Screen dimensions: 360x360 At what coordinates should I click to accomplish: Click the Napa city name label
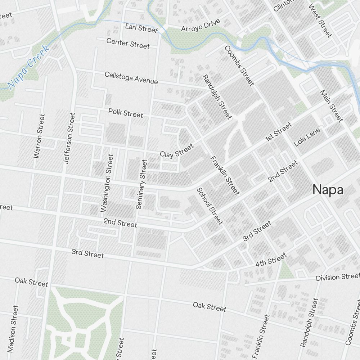click(328, 190)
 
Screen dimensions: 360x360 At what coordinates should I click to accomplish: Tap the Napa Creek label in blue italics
click(28, 67)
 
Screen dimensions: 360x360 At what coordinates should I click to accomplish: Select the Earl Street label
click(141, 28)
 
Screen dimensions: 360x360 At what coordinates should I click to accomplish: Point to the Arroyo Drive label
click(200, 26)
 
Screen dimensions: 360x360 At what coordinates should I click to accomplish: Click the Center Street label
click(128, 43)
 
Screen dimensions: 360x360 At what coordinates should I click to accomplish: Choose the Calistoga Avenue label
click(131, 78)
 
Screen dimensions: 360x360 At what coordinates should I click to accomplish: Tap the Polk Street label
click(126, 113)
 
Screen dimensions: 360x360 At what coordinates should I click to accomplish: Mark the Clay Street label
click(177, 150)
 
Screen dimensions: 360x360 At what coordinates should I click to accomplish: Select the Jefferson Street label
click(69, 139)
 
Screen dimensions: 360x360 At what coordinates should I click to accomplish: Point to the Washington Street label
click(107, 183)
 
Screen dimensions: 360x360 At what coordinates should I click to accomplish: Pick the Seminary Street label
click(141, 184)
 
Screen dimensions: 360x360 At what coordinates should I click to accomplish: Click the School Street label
click(210, 206)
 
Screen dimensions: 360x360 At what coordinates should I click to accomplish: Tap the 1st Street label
click(278, 132)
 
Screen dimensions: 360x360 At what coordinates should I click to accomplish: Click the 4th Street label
click(271, 260)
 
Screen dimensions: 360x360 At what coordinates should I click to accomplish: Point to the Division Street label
click(337, 277)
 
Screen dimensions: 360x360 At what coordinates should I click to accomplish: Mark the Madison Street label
click(13, 329)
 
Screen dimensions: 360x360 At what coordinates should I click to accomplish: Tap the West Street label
click(320, 21)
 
